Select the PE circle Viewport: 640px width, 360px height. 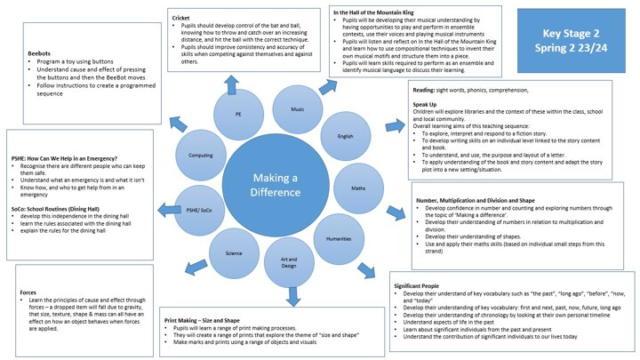(x=237, y=115)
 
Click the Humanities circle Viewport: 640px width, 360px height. (x=340, y=238)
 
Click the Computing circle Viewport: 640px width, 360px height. (x=202, y=154)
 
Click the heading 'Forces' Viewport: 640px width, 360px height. (x=28, y=292)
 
